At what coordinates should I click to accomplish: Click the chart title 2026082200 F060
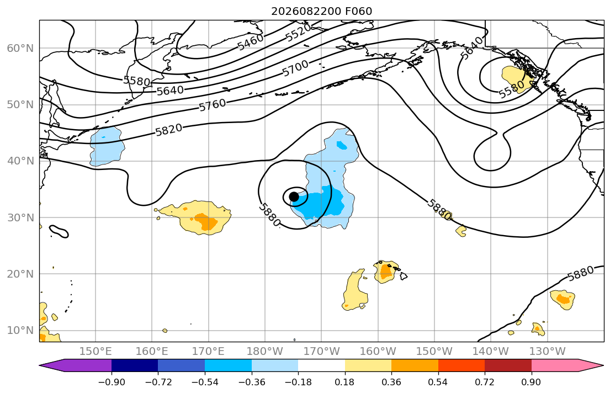pyautogui.click(x=321, y=11)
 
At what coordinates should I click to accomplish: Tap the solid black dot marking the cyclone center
pyautogui.click(x=294, y=197)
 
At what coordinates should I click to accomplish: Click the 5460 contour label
pyautogui.click(x=251, y=43)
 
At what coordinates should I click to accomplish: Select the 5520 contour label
pyautogui.click(x=299, y=33)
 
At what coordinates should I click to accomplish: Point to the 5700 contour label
pyautogui.click(x=295, y=68)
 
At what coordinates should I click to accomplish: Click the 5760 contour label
pyautogui.click(x=213, y=105)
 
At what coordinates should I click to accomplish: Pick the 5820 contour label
pyautogui.click(x=169, y=130)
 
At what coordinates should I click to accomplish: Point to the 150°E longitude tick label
pyautogui.click(x=96, y=352)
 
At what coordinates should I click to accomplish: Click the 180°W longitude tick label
pyautogui.click(x=265, y=352)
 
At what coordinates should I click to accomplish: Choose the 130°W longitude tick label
pyautogui.click(x=548, y=352)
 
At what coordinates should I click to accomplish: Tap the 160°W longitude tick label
pyautogui.click(x=378, y=352)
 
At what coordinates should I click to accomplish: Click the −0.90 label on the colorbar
pyautogui.click(x=112, y=382)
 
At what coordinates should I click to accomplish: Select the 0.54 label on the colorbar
pyautogui.click(x=438, y=382)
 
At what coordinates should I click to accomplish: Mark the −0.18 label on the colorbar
pyautogui.click(x=298, y=382)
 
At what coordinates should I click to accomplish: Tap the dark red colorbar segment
pyautogui.click(x=508, y=365)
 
